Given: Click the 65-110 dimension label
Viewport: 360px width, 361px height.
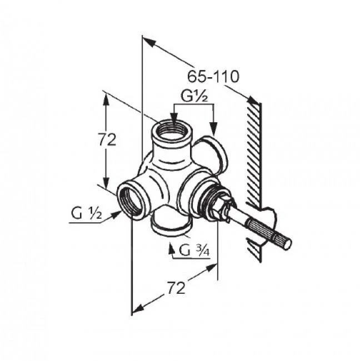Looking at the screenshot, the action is [x=213, y=77].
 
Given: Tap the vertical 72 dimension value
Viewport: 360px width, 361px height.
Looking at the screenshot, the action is [x=107, y=139].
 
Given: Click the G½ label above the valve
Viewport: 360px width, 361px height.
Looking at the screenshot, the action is [x=194, y=96].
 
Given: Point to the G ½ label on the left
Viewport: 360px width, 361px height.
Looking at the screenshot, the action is [x=86, y=213].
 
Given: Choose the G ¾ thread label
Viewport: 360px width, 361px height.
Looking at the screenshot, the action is [x=194, y=250].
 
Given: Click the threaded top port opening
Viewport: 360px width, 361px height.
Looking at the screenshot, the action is [x=172, y=131].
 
